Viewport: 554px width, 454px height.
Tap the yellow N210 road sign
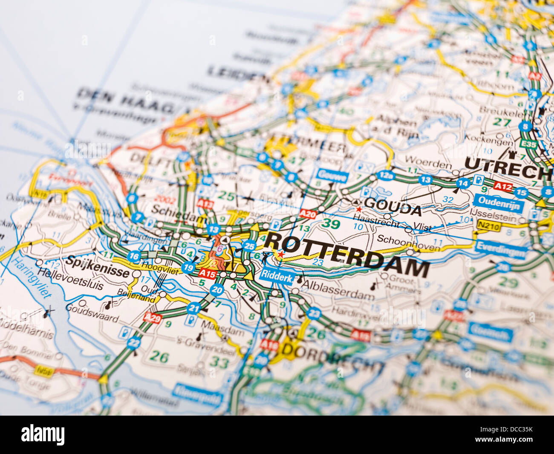pos(488,226)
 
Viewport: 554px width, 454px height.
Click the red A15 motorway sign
pos(208,273)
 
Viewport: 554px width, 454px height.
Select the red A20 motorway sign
pos(308,214)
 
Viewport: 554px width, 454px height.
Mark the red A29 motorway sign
pos(153,318)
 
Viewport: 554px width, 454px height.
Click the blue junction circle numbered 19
pos(188,267)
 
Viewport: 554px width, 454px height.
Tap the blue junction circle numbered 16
pos(134,256)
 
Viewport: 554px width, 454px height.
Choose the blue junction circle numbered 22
pos(134,342)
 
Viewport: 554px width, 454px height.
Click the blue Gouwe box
pos(332,175)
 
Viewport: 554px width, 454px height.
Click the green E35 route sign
pos(529,145)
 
